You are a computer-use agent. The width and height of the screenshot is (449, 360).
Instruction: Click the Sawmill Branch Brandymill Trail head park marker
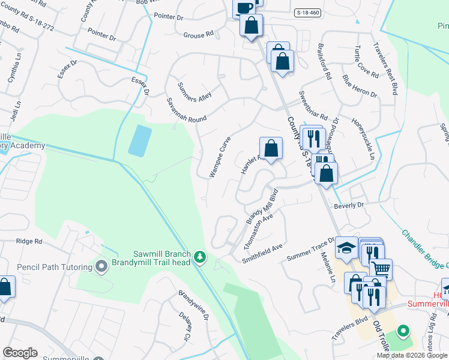(200, 258)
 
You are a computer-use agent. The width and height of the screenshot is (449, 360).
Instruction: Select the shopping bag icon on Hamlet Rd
(271, 148)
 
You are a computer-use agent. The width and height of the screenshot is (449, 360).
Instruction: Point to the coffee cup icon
(244, 8)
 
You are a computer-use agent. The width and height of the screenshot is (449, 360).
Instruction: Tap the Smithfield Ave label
(262, 253)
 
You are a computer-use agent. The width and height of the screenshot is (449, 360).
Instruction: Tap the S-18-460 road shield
(309, 12)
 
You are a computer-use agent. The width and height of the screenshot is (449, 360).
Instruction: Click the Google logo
(19, 353)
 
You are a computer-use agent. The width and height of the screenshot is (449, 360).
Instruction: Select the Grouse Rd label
(199, 35)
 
